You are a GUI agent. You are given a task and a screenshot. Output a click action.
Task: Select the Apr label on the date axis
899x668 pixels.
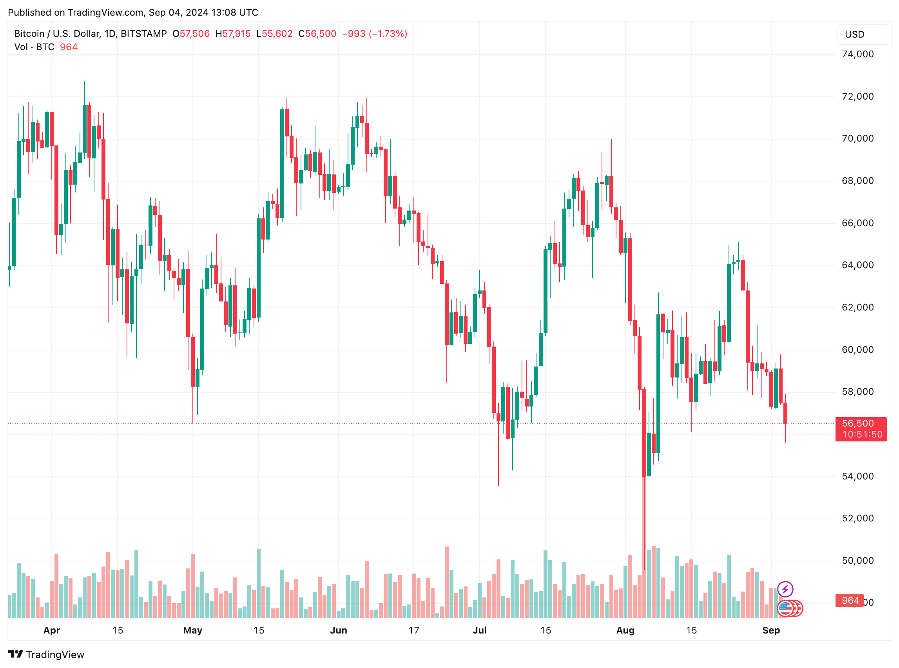pos(52,630)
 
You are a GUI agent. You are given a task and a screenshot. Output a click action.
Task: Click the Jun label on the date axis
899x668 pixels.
pos(338,630)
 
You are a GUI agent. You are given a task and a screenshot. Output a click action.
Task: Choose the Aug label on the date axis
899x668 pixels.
pos(625,630)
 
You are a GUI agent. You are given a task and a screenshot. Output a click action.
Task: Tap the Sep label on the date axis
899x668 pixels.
pos(770,630)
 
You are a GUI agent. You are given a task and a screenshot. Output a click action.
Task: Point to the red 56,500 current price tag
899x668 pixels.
pos(861,429)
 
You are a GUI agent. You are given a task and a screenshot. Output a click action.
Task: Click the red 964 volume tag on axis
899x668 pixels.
pos(850,601)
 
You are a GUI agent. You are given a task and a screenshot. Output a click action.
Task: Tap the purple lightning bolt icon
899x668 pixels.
pos(785,589)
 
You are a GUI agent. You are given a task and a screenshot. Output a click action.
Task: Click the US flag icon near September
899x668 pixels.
pos(785,608)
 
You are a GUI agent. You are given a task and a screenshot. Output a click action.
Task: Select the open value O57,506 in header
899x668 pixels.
pos(191,34)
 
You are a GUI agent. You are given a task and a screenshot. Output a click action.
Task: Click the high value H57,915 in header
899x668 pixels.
pos(233,34)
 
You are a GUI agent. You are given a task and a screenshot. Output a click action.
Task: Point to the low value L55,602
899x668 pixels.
pos(274,34)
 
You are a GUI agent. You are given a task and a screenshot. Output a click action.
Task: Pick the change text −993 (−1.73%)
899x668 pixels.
pos(374,34)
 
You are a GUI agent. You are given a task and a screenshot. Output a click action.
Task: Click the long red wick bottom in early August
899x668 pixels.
pos(644,568)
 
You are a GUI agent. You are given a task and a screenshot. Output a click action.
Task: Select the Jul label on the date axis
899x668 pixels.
pos(479,630)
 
